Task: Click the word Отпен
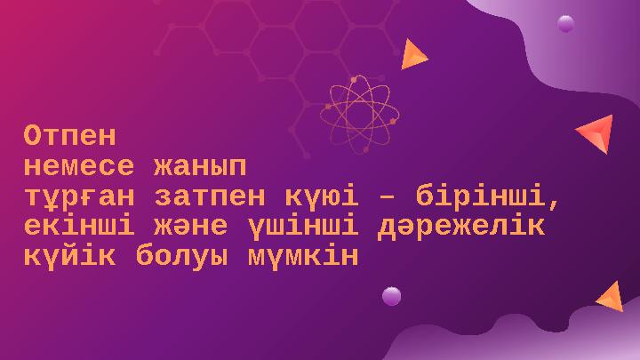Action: (69, 136)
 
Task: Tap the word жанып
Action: (198, 166)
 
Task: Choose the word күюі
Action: (328, 196)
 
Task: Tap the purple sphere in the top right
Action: (565, 24)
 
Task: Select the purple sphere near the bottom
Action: (391, 296)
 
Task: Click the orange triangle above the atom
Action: (412, 55)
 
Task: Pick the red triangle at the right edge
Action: (596, 133)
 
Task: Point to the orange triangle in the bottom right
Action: (612, 297)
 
